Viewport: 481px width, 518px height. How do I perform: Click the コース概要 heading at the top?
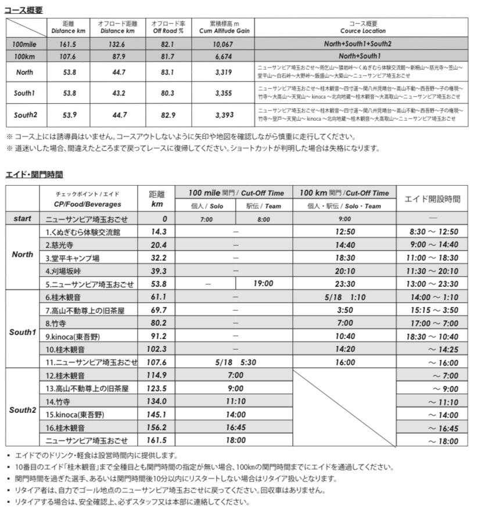point(23,10)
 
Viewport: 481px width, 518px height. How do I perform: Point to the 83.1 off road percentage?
point(167,73)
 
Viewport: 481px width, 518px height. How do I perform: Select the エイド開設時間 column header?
point(432,199)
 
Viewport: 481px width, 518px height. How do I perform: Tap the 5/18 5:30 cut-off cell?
point(235,362)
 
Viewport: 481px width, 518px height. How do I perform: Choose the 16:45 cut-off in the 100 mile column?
point(236,427)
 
